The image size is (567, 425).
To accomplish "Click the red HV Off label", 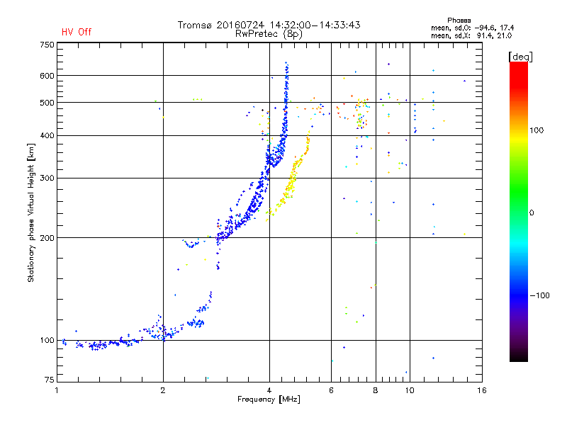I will click(x=77, y=32).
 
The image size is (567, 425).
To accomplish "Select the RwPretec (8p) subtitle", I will click(x=269, y=33).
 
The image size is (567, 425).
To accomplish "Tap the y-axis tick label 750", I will click(x=47, y=45).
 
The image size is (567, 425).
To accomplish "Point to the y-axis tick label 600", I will click(x=47, y=75).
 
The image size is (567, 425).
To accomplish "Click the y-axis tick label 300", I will click(x=47, y=178).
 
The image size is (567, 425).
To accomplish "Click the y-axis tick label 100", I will click(x=47, y=340).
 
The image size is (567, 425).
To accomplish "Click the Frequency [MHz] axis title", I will click(x=269, y=400).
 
